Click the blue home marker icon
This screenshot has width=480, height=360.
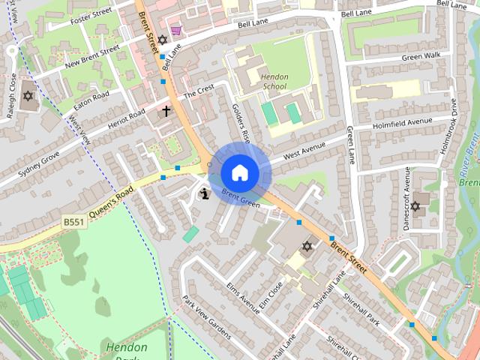pyautogui.click(x=239, y=173)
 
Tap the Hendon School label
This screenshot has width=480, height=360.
pyautogui.click(x=275, y=81)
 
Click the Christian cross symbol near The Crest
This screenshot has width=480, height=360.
pyautogui.click(x=166, y=112)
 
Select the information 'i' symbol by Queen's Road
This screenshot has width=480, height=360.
pyautogui.click(x=204, y=194)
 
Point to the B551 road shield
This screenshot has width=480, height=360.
pyautogui.click(x=73, y=222)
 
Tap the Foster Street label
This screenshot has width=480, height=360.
pyautogui.click(x=90, y=16)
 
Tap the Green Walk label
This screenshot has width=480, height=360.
pyautogui.click(x=421, y=56)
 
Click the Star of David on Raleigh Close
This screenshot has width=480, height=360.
pyautogui.click(x=28, y=97)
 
